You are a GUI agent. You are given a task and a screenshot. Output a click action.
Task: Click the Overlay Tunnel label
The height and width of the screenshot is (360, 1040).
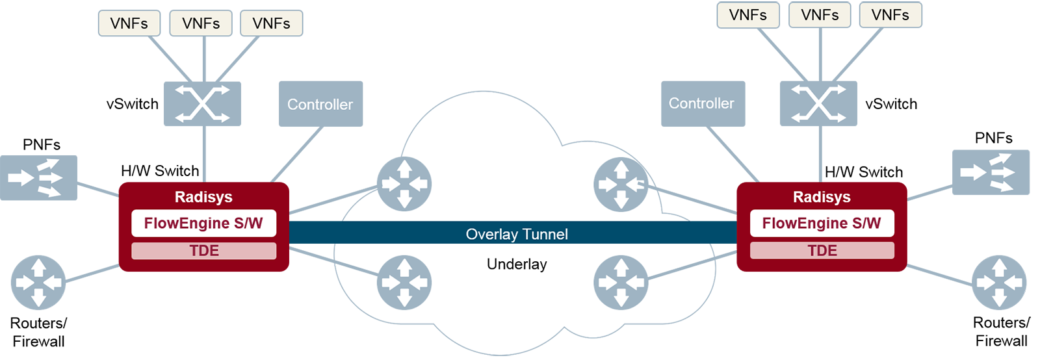(517, 234)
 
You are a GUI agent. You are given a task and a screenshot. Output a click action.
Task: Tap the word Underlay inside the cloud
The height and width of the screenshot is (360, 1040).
(517, 264)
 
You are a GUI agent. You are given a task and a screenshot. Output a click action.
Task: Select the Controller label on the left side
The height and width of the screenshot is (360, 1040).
(320, 105)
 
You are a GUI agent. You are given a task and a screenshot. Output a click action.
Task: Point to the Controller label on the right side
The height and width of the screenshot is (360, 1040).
(701, 103)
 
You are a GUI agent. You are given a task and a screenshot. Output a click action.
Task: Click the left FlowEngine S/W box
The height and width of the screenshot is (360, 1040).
(203, 224)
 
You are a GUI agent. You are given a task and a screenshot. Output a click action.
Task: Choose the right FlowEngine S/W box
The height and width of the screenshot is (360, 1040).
(822, 224)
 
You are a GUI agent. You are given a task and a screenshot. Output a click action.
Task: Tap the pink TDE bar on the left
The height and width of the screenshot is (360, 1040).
(203, 251)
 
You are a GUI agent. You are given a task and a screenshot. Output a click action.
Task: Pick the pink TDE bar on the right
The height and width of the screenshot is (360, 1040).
(822, 251)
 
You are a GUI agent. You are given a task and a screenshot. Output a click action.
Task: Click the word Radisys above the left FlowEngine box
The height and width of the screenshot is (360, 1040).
(203, 197)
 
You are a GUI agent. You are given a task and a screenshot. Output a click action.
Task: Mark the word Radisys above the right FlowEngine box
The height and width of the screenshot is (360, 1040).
(822, 197)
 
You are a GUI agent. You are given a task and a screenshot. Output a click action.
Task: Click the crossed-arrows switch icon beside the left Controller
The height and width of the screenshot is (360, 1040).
(202, 103)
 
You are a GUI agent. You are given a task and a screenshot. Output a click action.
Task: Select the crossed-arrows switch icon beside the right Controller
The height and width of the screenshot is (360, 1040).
(818, 103)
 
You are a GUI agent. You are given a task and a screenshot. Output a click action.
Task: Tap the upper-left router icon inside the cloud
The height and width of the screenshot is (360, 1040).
(404, 184)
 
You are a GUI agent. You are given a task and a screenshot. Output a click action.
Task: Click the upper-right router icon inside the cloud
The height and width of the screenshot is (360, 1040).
(621, 185)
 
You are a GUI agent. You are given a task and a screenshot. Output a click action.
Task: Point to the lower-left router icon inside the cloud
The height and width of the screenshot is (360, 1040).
(404, 283)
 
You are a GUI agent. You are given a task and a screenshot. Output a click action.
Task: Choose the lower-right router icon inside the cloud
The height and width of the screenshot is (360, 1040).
(621, 283)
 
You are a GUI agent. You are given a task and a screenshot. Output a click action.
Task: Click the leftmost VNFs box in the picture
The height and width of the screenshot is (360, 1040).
(129, 23)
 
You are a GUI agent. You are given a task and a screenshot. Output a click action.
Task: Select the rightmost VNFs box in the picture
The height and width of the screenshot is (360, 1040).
(890, 15)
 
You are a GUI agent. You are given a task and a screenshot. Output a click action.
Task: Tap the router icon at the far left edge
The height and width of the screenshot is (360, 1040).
(38, 283)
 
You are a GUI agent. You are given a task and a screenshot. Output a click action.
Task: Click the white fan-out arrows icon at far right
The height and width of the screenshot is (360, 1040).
(987, 173)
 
